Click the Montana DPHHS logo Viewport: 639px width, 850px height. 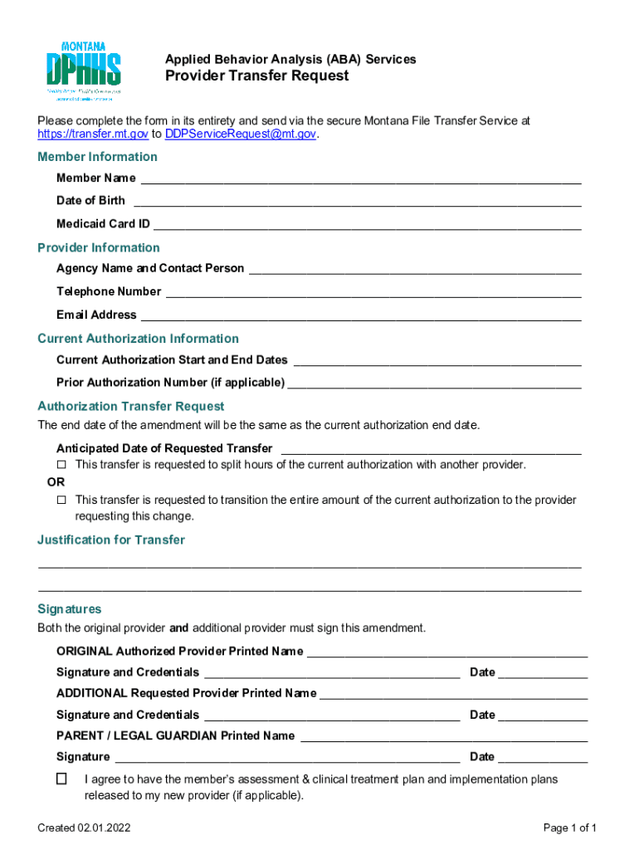83,71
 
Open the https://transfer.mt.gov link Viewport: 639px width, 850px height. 93,134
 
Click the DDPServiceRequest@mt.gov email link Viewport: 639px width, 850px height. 241,134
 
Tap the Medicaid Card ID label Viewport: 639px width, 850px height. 103,224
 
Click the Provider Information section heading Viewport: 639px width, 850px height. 99,247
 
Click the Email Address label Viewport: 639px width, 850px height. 96,315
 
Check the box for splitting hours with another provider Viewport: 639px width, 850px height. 61,465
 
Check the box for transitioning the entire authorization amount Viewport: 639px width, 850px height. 61,501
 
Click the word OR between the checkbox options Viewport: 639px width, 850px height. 55,482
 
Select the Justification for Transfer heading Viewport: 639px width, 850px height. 111,540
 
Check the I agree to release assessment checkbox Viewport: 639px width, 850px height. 61,779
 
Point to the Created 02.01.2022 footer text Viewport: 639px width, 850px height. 84,828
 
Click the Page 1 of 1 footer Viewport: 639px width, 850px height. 570,828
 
